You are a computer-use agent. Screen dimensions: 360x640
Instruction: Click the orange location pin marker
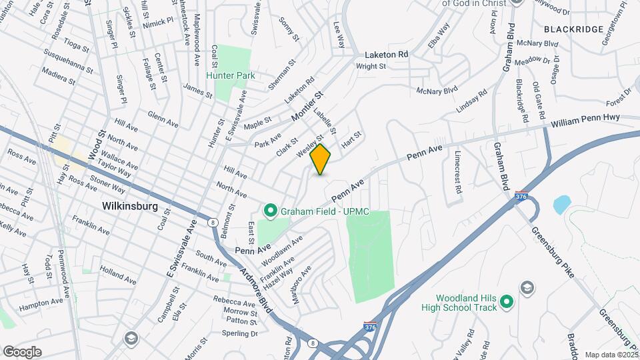321,159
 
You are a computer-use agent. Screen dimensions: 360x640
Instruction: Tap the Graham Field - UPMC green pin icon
270,212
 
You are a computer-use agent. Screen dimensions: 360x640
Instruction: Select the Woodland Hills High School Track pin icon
506,302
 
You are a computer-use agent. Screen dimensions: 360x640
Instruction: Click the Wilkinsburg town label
131,206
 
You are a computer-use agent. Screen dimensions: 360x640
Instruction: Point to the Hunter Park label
231,76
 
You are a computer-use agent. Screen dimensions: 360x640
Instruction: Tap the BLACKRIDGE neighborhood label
573,29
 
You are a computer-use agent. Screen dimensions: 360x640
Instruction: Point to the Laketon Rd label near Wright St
385,55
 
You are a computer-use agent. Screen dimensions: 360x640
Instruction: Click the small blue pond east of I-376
562,203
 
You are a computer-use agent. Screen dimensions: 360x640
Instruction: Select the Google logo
21,351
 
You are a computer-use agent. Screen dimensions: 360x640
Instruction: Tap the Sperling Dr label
240,333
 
